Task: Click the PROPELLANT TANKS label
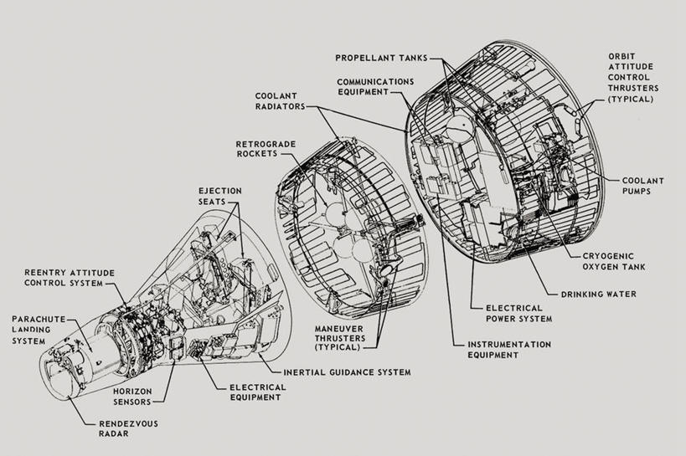point(381,58)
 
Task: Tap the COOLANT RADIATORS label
point(280,101)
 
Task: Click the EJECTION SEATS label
point(220,197)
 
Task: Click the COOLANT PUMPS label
point(647,185)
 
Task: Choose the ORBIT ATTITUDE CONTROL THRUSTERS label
point(633,77)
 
